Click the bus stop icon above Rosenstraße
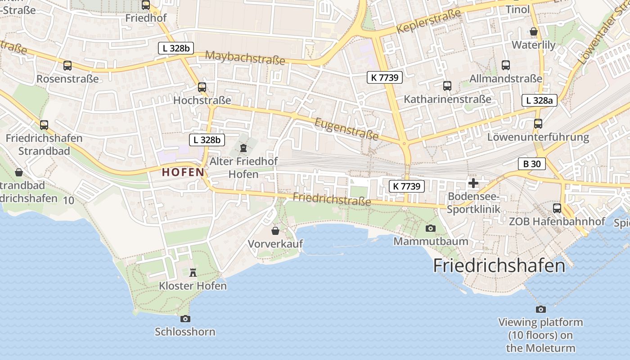(x=67, y=66)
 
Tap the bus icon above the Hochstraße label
(x=202, y=87)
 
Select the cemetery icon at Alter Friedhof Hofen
(x=243, y=148)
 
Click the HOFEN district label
(x=183, y=172)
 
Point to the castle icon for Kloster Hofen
(x=193, y=272)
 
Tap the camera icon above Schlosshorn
(x=185, y=319)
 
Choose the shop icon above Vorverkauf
(x=275, y=231)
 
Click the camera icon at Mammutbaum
(x=431, y=228)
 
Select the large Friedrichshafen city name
(x=499, y=265)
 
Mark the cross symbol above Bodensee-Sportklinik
(x=473, y=183)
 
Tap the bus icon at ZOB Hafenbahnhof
(x=557, y=208)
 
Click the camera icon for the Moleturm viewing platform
(x=541, y=309)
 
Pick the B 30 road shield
(x=532, y=164)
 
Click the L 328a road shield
(x=540, y=100)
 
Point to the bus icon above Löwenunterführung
(x=538, y=123)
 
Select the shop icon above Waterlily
(x=534, y=31)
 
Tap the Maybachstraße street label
(x=245, y=58)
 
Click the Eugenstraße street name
(x=346, y=129)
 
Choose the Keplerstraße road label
(x=429, y=22)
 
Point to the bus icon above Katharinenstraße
(x=447, y=85)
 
